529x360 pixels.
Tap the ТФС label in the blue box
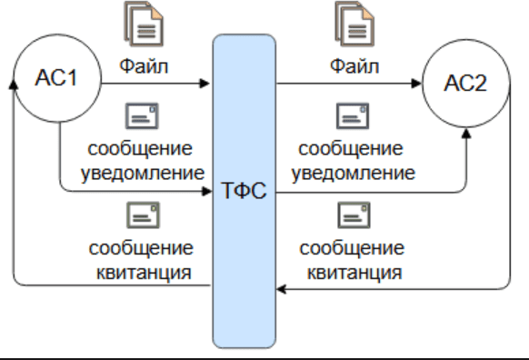245,190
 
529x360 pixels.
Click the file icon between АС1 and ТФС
144,24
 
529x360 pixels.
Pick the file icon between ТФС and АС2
354,24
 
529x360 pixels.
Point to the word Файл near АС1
144,65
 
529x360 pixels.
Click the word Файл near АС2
354,65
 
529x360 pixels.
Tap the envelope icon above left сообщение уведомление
142,116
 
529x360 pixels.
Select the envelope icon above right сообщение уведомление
353,116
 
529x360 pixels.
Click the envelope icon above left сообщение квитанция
143,215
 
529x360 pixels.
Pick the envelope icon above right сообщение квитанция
354,215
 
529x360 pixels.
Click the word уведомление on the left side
143,174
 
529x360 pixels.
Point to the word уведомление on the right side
354,174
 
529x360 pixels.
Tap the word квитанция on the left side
144,273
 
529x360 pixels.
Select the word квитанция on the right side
354,273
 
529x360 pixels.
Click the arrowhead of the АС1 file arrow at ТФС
205,83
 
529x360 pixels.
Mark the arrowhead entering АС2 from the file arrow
416,84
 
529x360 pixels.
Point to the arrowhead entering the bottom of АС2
466,133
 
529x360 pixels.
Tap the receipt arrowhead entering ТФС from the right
282,289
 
